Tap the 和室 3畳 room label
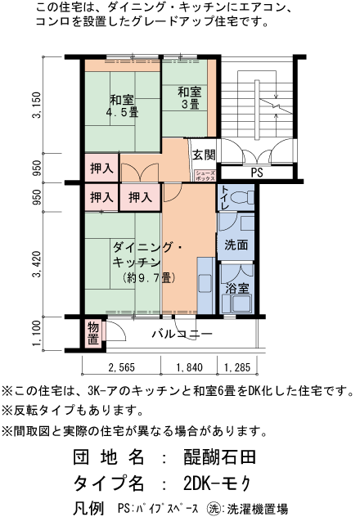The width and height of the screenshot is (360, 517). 190,97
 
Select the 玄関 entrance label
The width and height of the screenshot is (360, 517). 204,155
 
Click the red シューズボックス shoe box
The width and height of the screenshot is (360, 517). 205,173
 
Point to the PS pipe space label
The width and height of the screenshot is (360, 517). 256,173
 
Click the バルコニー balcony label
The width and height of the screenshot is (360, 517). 182,335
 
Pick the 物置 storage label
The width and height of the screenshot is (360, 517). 93,333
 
